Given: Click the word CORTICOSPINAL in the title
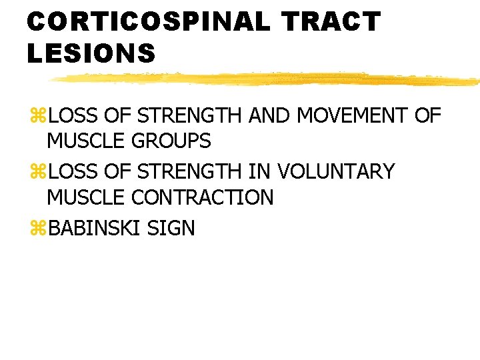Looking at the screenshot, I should coord(148,22).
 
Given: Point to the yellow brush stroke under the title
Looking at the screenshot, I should coord(267,79).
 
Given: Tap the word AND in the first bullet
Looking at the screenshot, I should coord(269,116).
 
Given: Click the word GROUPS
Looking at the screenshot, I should coord(173,141).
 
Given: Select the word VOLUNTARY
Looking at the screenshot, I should coord(335,172).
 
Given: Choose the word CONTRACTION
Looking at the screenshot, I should coord(203,197).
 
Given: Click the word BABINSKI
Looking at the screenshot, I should coord(95,229).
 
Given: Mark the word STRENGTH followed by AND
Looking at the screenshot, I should coord(189,116).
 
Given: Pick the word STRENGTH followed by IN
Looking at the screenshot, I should coord(189,172).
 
